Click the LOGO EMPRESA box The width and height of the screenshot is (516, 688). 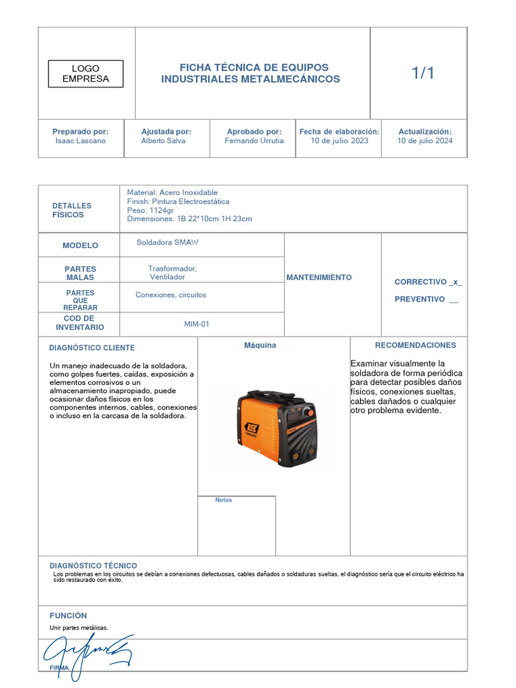coord(85,74)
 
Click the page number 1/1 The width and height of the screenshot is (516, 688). coord(423,74)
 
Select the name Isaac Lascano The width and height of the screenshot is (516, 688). coord(81,141)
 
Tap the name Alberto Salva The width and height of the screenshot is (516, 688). coord(163,141)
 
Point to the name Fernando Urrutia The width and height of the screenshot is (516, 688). coord(254,141)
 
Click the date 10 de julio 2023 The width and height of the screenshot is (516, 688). coord(339,141)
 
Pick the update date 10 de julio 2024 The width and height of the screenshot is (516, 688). coord(425,141)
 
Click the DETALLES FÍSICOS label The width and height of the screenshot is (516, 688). coord(72,210)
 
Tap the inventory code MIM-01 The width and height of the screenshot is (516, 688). coord(197,324)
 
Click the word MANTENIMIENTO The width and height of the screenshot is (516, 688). coord(319,277)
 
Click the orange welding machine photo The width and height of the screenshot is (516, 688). coord(275,428)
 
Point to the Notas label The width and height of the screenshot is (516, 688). coord(224,500)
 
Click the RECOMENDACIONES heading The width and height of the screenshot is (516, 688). coord(415,345)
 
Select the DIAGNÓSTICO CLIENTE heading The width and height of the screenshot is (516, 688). coord(92,348)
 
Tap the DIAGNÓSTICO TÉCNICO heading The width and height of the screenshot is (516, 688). coord(93,566)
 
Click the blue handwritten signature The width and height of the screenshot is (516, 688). coord(87,653)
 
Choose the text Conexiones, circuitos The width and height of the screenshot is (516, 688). coord(171,295)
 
